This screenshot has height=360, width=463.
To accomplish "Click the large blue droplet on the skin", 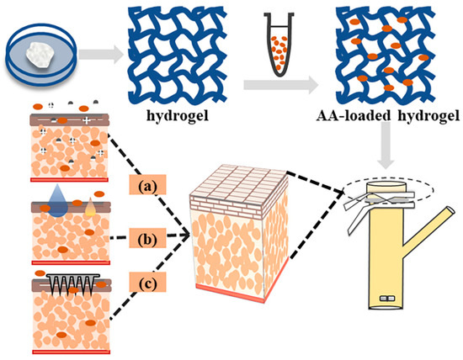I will click(55, 196).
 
